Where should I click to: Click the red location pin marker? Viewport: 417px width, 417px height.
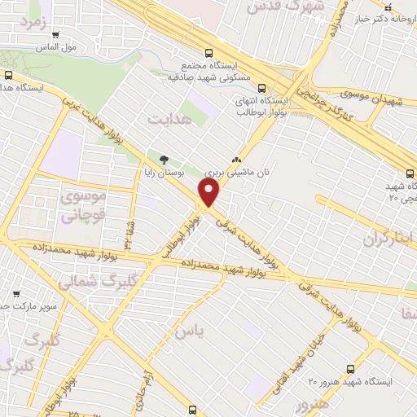pos(209,193)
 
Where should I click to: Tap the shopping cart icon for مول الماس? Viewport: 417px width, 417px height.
pos(55,35)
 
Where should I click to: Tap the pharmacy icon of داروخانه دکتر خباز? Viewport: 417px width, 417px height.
pos(388,6)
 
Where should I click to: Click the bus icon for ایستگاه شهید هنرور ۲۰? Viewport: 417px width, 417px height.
pos(350,369)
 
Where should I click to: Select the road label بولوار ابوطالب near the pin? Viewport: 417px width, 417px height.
pos(181,235)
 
